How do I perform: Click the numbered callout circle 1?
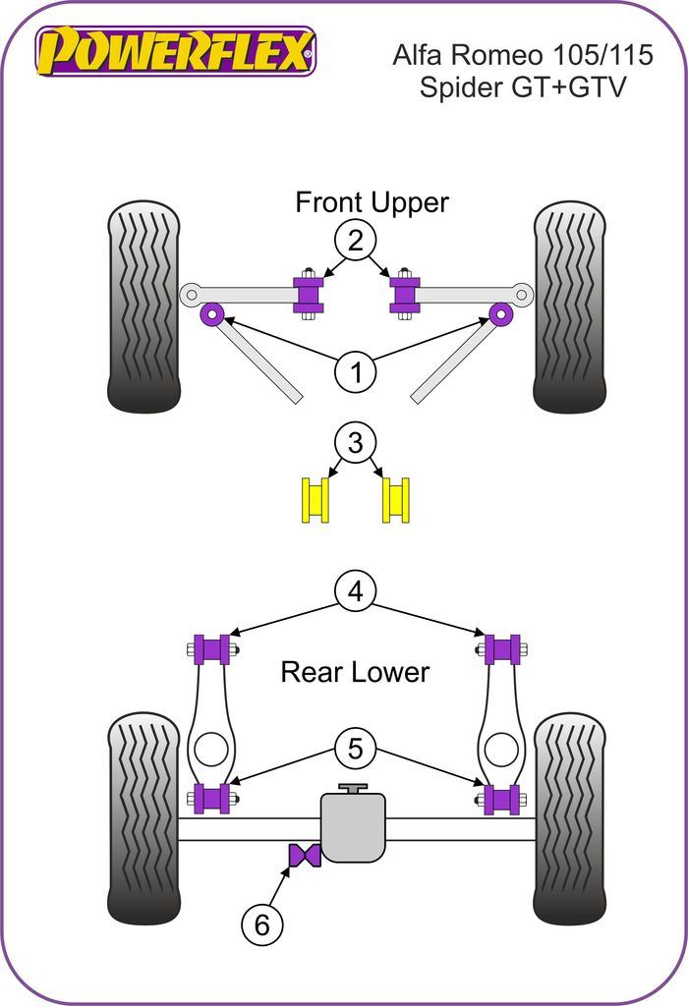click(355, 372)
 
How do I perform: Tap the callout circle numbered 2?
click(355, 240)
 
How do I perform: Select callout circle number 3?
click(355, 443)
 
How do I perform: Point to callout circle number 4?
click(355, 591)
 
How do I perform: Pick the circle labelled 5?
click(355, 750)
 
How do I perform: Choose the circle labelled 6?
click(261, 923)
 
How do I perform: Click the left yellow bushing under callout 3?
click(315, 499)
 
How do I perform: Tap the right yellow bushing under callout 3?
click(396, 499)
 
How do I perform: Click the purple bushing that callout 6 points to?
click(304, 855)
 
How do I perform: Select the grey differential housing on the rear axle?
click(354, 827)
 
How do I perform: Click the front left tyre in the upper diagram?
click(143, 307)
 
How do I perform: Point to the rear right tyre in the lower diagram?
click(569, 817)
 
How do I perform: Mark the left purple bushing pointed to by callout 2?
click(310, 292)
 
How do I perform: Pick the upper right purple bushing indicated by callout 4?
click(503, 649)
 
